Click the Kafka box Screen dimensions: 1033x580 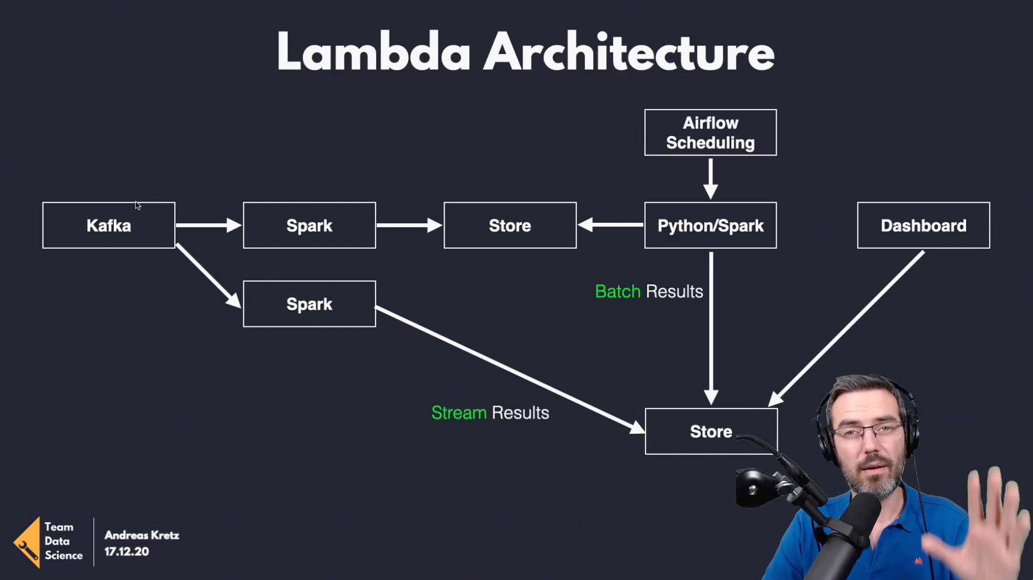click(108, 226)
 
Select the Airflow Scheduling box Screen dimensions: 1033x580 click(710, 133)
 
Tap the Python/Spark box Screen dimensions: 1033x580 click(710, 226)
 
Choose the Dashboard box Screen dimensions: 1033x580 click(923, 226)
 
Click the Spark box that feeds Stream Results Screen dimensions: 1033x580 click(309, 304)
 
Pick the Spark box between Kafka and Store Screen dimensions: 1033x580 click(309, 226)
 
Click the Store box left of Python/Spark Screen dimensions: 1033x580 click(510, 226)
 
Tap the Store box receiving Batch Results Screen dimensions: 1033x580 click(711, 432)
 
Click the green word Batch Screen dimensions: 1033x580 click(617, 291)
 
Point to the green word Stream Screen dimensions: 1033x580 click(459, 413)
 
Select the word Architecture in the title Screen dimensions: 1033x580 click(629, 52)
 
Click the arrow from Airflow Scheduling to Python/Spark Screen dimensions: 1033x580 click(711, 179)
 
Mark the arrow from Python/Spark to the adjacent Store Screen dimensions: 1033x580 click(610, 225)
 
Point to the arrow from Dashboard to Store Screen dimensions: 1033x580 click(846, 328)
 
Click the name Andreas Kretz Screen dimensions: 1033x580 click(142, 535)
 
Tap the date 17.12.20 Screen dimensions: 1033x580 click(126, 551)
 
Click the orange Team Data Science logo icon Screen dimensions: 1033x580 click(27, 542)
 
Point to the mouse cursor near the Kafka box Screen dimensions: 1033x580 click(138, 206)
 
